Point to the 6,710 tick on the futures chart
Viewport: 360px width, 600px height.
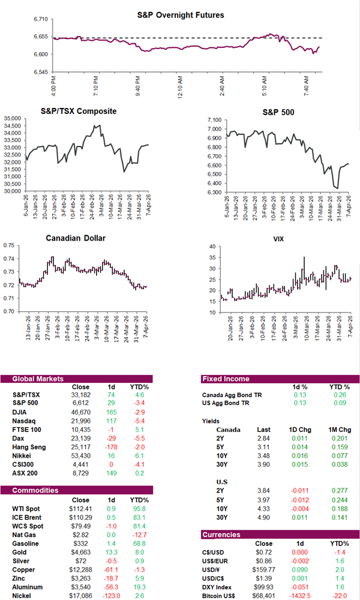click(40, 19)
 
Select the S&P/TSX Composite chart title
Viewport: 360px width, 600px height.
click(79, 111)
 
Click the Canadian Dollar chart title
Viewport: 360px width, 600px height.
click(76, 238)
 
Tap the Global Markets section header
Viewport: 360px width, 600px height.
click(35, 379)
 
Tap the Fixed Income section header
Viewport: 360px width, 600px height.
click(227, 379)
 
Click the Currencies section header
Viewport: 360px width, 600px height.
click(223, 534)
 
